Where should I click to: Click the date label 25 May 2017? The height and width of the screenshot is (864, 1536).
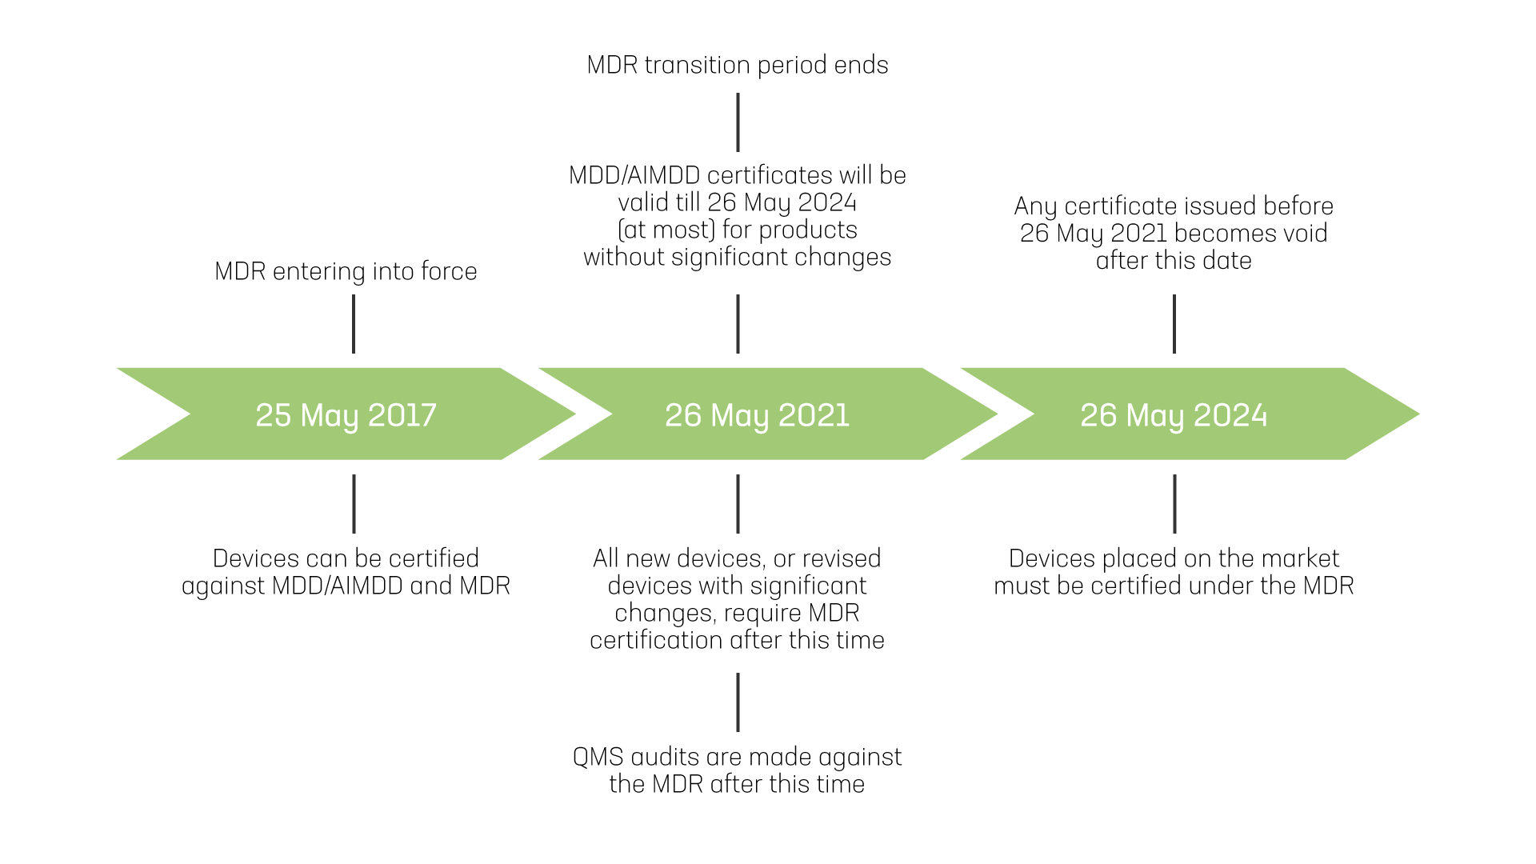[x=346, y=415]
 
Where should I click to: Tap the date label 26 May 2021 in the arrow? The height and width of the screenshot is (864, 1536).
[x=757, y=415]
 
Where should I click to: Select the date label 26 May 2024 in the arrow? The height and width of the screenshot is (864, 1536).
[x=1174, y=415]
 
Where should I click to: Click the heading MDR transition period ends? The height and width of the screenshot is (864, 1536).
[x=737, y=65]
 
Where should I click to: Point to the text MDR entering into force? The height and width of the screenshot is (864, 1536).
[x=346, y=271]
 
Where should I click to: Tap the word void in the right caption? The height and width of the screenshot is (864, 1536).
[x=1305, y=233]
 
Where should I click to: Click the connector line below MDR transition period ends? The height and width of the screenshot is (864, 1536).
[x=738, y=122]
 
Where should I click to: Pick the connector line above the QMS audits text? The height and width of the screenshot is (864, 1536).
[x=738, y=702]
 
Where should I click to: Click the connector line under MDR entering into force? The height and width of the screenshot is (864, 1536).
[x=354, y=324]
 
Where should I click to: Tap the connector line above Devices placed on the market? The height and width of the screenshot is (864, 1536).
[x=1174, y=504]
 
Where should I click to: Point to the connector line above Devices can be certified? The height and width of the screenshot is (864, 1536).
[x=354, y=504]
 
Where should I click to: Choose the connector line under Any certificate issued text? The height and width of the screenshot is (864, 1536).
[x=1174, y=324]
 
